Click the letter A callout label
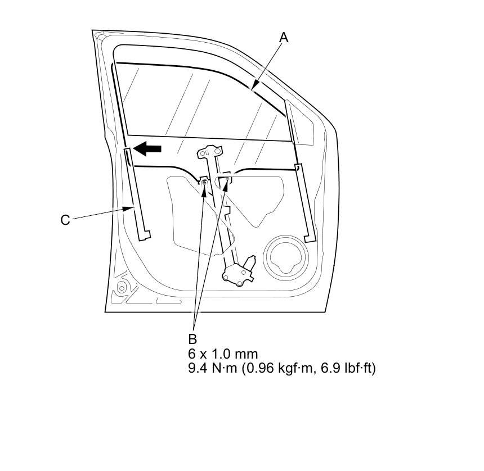pos(284,38)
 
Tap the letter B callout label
pos(192,339)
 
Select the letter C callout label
pos(65,220)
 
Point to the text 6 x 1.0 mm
pos(223,354)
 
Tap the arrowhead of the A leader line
pos(254,88)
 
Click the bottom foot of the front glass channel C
pos(146,233)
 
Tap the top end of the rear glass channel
pos(288,105)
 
